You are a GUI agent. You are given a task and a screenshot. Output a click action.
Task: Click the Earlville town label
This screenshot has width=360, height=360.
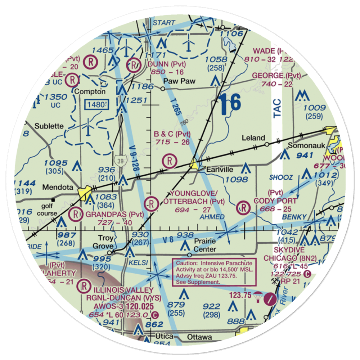(x=220, y=170)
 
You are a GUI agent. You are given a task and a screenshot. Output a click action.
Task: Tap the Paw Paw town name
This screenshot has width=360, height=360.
(x=179, y=81)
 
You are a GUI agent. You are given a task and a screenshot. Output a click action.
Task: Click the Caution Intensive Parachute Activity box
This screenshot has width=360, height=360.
(x=214, y=272)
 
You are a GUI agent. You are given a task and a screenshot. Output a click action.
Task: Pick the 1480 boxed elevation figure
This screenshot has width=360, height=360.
(x=96, y=105)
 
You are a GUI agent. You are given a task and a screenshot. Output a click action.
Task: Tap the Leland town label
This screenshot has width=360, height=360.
(x=253, y=138)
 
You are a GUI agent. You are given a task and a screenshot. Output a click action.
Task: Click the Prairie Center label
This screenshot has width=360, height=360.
(x=205, y=245)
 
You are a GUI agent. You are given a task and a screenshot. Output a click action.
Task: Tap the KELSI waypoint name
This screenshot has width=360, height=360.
(x=140, y=263)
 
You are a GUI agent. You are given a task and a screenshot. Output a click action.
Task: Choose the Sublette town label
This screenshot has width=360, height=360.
(x=49, y=126)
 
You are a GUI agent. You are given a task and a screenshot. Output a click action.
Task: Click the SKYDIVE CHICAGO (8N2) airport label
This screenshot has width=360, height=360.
(x=284, y=254)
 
